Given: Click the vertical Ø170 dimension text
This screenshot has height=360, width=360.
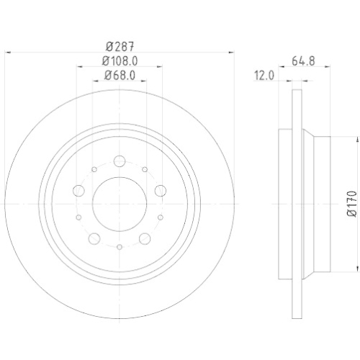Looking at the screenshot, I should click(x=351, y=204).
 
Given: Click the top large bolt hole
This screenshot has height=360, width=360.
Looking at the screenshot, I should click(x=120, y=161).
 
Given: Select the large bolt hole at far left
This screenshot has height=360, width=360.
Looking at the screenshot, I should click(x=80, y=191).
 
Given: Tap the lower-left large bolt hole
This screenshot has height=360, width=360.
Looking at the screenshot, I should click(x=94, y=238).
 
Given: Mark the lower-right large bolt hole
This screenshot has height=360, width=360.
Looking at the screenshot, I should click(x=145, y=238).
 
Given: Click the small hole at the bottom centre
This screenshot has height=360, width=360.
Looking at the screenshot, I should click(x=120, y=246).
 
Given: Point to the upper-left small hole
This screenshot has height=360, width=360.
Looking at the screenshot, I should click(x=94, y=169).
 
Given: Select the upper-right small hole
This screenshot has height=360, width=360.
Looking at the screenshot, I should click(x=145, y=169).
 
